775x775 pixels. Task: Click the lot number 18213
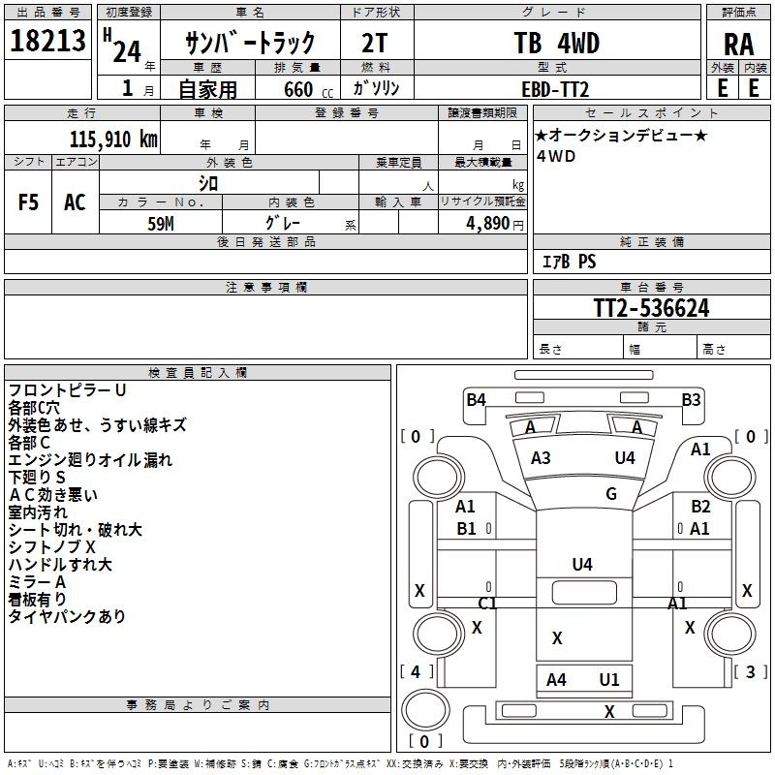tap(47, 41)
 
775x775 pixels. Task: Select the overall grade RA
tap(738, 45)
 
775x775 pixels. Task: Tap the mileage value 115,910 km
tap(113, 139)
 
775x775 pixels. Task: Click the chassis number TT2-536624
tap(651, 308)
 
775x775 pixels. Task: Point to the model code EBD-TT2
tap(555, 89)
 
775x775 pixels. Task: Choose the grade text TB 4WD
tap(556, 43)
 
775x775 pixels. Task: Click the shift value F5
tap(28, 202)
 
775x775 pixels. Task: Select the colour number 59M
tap(161, 224)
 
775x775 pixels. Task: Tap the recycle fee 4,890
tap(487, 224)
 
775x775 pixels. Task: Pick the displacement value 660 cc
tap(308, 90)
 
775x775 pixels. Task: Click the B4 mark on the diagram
tap(476, 399)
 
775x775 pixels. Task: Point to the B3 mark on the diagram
tap(691, 399)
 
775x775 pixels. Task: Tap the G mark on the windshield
tap(611, 493)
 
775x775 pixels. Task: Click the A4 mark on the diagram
tap(556, 680)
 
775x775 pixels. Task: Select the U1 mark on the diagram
tap(609, 680)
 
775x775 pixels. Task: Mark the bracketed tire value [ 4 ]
tap(417, 671)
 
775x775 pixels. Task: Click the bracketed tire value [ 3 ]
tap(750, 671)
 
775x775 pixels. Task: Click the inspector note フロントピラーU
tap(67, 390)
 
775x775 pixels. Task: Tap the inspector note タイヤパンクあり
tap(67, 616)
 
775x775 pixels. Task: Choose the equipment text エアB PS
tap(569, 262)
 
